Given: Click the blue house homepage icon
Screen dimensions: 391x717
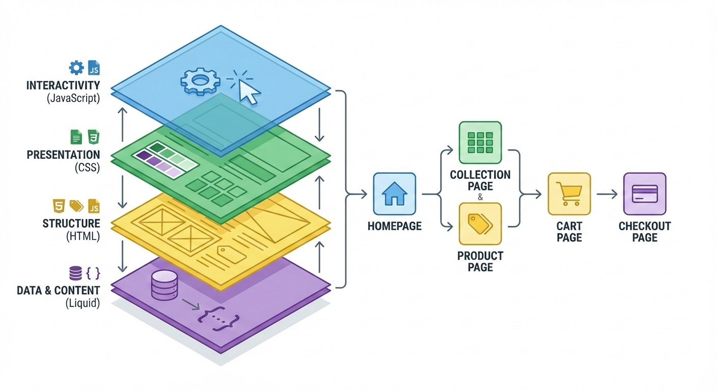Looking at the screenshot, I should tap(394, 193).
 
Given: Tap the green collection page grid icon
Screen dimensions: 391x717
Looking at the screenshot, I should tap(480, 143).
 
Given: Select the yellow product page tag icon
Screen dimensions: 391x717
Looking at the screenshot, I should tap(480, 224).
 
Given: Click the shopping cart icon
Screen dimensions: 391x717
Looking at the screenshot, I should tap(569, 194).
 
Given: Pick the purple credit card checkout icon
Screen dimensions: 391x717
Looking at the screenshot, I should tap(644, 194).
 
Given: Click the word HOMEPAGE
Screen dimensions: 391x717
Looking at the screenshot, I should tap(394, 226).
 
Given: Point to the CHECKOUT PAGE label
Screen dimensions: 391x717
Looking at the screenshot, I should tap(645, 232).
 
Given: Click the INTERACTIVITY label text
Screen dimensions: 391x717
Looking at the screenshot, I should tap(63, 85).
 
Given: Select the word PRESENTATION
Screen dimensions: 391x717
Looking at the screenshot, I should tap(63, 155).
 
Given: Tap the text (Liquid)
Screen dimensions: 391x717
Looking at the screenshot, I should tap(82, 304).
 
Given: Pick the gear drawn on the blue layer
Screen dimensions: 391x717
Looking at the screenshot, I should tap(200, 81).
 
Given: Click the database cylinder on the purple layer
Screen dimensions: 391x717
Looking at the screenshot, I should tap(164, 285).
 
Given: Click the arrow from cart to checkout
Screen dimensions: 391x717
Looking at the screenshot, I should tap(607, 194).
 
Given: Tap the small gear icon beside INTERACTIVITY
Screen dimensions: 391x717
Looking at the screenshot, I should tap(76, 68).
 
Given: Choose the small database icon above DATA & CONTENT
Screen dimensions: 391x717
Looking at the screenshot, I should tap(75, 273).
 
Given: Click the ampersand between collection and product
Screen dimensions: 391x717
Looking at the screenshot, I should tap(480, 197).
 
